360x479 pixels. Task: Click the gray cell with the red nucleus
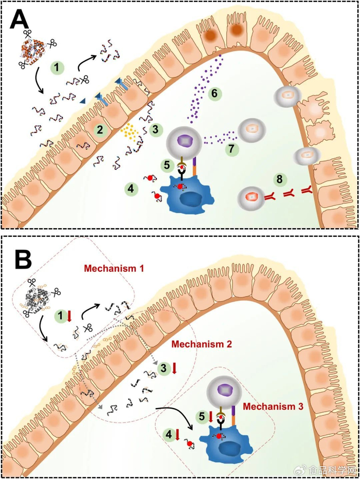[250, 196]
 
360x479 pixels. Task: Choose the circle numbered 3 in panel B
[164, 368]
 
